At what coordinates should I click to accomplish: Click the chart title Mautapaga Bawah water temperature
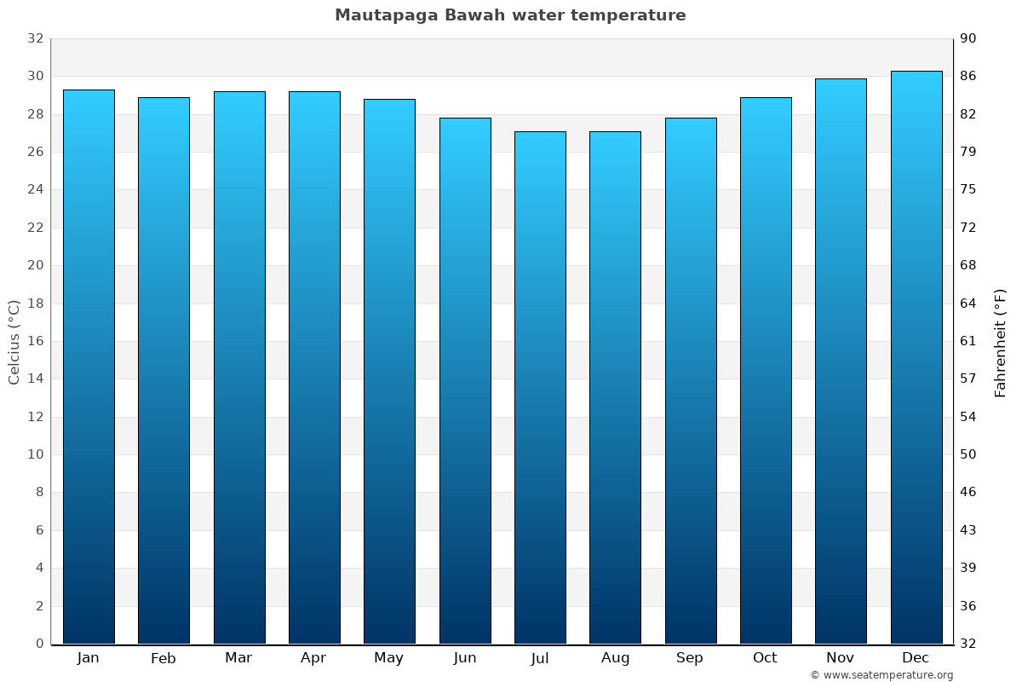[510, 15]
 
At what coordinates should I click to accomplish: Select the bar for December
[916, 357]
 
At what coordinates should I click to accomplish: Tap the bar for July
[540, 388]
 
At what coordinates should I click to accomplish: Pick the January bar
[89, 367]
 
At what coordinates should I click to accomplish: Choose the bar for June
[465, 380]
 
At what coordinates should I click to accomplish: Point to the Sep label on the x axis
[690, 658]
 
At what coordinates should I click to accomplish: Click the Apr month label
[313, 658]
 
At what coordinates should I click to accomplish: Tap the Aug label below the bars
[615, 658]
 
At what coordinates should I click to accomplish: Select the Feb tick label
[163, 658]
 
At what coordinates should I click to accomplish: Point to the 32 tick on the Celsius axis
[35, 38]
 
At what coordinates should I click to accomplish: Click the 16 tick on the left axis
[35, 341]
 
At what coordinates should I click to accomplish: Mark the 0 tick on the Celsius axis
[39, 644]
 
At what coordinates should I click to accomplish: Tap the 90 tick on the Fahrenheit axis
[968, 38]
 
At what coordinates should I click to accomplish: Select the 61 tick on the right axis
[968, 341]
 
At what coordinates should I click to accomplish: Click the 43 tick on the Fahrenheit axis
[968, 530]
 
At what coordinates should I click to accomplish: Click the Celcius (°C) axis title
[14, 341]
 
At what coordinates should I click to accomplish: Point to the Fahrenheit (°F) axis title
[1000, 343]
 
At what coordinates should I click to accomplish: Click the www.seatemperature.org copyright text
[881, 675]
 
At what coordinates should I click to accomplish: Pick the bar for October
[766, 370]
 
